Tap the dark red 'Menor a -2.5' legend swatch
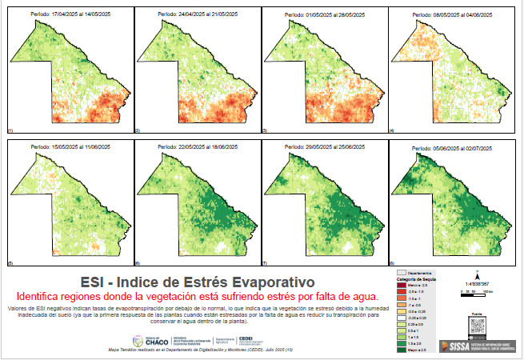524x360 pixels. click(402, 286)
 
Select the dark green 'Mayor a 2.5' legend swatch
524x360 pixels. click(402, 350)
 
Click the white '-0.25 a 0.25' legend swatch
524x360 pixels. click(402, 318)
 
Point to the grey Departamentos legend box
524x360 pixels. click(402, 273)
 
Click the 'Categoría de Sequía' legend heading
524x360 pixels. click(414, 279)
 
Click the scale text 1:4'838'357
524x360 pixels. click(478, 283)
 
